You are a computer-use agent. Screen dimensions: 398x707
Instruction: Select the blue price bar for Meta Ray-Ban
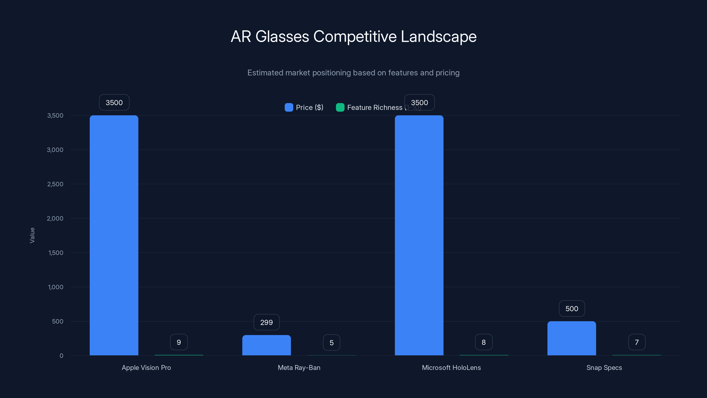(266, 345)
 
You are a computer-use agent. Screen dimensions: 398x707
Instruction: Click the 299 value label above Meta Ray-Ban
(266, 322)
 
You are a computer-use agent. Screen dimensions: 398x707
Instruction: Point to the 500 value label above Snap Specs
(572, 308)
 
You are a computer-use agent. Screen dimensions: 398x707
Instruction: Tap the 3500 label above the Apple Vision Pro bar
(114, 102)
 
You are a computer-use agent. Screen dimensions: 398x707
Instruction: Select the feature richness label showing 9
(179, 342)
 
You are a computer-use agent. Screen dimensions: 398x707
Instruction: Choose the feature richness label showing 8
(484, 342)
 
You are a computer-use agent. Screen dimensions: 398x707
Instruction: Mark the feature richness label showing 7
(637, 342)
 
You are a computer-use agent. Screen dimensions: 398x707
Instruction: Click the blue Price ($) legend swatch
(289, 107)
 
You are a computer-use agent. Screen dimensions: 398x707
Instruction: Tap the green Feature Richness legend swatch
(340, 107)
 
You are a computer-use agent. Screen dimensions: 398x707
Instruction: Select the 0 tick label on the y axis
(61, 356)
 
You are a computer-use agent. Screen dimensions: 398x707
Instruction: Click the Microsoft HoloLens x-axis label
(451, 367)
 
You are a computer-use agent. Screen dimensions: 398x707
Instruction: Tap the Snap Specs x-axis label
(604, 367)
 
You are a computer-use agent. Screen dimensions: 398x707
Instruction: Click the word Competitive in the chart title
(355, 36)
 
